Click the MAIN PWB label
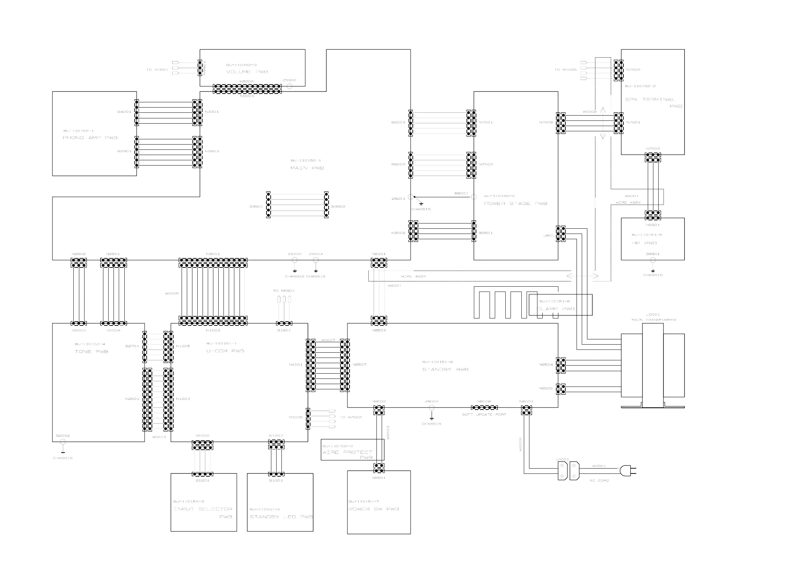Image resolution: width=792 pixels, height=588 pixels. click(x=307, y=168)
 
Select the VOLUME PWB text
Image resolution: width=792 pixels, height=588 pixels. click(x=247, y=72)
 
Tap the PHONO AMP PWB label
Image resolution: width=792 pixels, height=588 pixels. click(x=90, y=138)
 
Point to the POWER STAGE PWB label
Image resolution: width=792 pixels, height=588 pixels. click(x=515, y=204)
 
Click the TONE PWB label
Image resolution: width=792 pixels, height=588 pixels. click(x=91, y=352)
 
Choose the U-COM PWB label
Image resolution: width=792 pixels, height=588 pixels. click(x=225, y=351)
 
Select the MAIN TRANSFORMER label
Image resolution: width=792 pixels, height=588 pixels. click(x=653, y=319)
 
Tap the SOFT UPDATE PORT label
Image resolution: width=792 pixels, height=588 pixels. click(x=484, y=415)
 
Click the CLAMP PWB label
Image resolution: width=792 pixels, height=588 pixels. click(x=556, y=309)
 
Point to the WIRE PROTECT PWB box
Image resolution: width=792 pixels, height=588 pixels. click(x=352, y=450)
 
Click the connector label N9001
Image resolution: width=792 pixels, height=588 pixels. click(x=213, y=254)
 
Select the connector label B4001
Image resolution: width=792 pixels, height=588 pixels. click(x=124, y=112)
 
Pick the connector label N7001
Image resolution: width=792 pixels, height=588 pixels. click(x=486, y=123)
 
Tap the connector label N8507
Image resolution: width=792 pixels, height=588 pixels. click(x=359, y=365)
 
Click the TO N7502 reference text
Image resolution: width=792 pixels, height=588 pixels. click(x=350, y=417)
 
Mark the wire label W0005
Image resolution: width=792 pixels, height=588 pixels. click(x=171, y=294)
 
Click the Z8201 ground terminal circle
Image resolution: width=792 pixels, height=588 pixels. click(x=410, y=197)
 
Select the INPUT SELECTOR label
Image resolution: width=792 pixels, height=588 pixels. click(x=203, y=509)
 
